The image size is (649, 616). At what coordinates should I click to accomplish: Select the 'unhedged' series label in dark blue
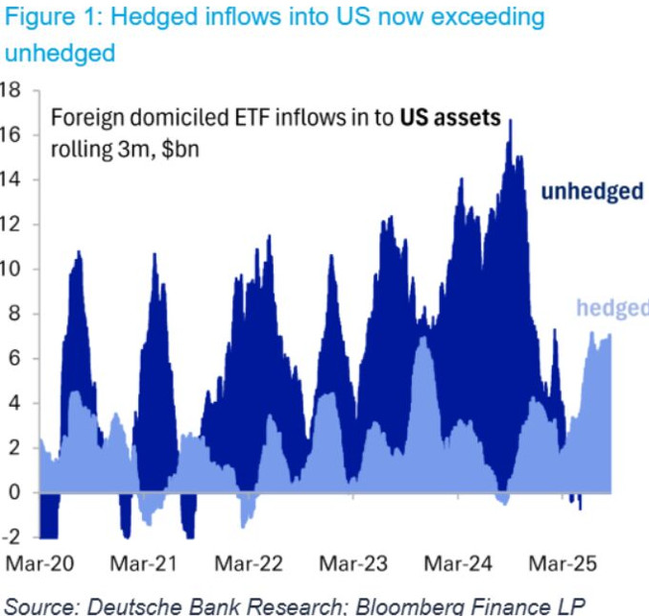(591, 192)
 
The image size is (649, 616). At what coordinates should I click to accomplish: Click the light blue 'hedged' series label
(612, 308)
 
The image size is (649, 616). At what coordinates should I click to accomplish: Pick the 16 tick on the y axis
(11, 134)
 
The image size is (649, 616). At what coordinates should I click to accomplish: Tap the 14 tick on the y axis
(11, 179)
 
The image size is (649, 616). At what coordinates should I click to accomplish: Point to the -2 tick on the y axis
(11, 537)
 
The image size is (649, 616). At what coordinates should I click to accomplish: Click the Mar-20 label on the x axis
(40, 563)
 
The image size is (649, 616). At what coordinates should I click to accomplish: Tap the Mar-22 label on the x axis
(248, 563)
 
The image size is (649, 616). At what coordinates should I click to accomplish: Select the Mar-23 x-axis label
(354, 563)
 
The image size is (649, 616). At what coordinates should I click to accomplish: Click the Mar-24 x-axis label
(457, 563)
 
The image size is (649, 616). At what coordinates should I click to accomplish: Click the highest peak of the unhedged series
(511, 121)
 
